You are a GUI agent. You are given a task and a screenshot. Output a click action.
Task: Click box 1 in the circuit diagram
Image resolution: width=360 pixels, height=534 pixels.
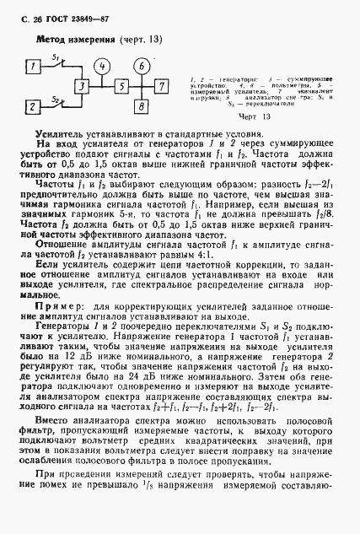31,65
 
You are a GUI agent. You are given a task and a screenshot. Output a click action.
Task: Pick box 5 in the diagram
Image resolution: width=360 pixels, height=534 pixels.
121,86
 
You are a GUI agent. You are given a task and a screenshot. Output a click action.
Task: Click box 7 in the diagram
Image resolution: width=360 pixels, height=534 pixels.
162,86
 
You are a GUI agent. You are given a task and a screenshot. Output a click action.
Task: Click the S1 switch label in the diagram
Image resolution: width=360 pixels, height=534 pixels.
55,57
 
